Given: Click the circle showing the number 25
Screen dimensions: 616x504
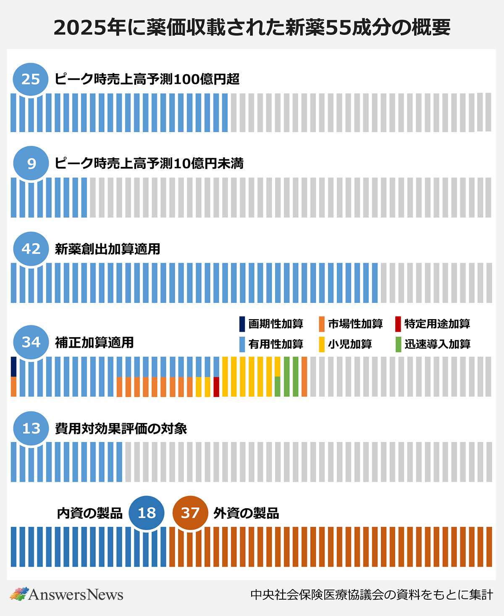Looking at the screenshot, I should [x=31, y=79].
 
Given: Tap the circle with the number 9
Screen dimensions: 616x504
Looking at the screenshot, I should [x=31, y=163].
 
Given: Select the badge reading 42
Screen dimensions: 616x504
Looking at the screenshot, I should [x=31, y=249].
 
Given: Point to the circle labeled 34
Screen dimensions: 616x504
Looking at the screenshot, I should [x=31, y=342].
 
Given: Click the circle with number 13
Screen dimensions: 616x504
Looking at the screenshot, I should [x=31, y=428].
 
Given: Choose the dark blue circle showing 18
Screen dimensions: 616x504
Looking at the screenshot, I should [x=146, y=512].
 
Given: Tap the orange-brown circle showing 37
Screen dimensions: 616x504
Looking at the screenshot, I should [x=190, y=512].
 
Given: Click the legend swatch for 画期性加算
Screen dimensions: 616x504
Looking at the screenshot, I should [x=242, y=324].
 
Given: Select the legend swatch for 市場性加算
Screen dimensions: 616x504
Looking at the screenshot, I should [x=322, y=324].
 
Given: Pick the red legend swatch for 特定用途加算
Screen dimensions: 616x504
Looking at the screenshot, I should [x=398, y=324].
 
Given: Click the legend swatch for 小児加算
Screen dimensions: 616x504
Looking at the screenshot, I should [x=322, y=344].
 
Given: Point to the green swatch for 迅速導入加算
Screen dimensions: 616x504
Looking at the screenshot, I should [x=398, y=344].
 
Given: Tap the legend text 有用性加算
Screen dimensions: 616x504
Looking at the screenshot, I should [x=276, y=344].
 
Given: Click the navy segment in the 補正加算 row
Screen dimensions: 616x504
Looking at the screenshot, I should [x=13, y=366].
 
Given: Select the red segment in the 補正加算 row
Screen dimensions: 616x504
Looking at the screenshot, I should [x=216, y=387].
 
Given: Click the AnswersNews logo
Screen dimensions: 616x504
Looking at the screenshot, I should [x=66, y=594].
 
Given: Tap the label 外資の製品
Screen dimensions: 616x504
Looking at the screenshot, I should [x=246, y=513].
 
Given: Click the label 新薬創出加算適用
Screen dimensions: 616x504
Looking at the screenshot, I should [x=108, y=249].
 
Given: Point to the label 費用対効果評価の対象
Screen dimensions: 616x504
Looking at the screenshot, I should [x=121, y=429].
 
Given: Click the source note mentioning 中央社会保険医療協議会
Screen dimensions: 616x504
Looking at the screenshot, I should [x=371, y=595].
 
